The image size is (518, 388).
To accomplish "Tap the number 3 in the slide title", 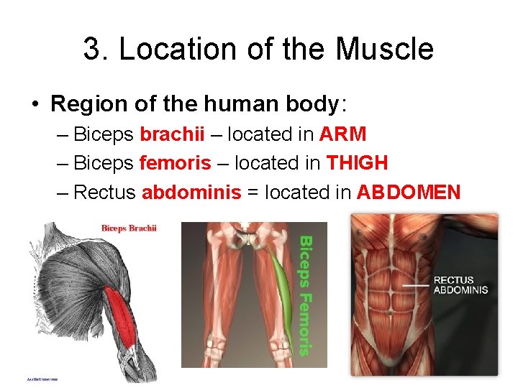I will (x=91, y=50).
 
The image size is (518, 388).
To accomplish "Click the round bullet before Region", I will (x=35, y=104).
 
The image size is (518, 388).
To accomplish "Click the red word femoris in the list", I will (x=175, y=163).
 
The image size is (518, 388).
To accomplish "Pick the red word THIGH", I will (x=357, y=163).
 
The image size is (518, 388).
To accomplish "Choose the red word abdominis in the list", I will (x=191, y=192).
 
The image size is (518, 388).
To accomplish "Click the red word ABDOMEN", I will (x=408, y=192).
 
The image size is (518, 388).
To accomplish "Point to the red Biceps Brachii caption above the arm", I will (x=129, y=228).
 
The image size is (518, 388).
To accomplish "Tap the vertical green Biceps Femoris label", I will (x=305, y=295).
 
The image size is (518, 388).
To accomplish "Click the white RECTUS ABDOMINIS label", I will (x=460, y=285).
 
